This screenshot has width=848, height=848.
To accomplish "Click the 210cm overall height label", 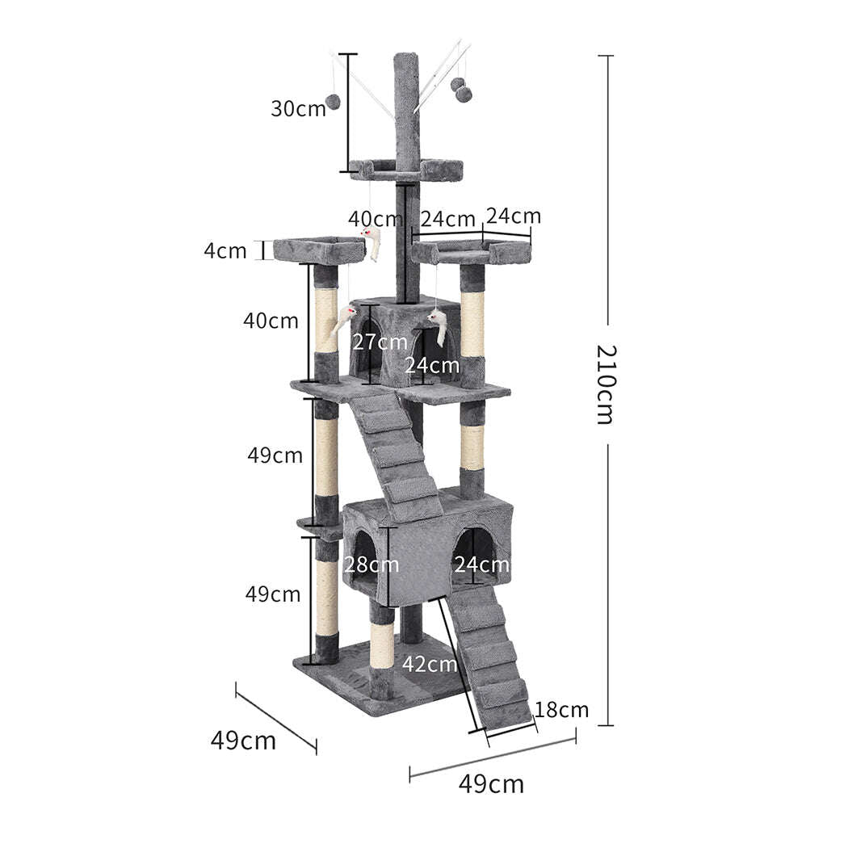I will (607, 384).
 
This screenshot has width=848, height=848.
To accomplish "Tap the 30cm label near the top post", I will (298, 108).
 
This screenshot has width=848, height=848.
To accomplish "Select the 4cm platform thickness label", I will (225, 250).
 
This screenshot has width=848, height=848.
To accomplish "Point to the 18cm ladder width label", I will (561, 710).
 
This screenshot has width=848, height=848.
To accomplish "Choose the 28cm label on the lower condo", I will (372, 565).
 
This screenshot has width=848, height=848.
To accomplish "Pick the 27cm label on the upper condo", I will (380, 342).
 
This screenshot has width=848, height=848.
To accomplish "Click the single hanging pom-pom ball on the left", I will (332, 102).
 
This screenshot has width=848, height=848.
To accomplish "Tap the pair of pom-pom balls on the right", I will (461, 90).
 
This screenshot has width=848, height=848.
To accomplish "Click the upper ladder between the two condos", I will (396, 452).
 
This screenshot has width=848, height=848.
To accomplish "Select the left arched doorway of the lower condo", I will (361, 557).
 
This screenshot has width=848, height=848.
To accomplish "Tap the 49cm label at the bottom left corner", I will (243, 740).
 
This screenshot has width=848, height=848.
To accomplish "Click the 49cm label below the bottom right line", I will (491, 783).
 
